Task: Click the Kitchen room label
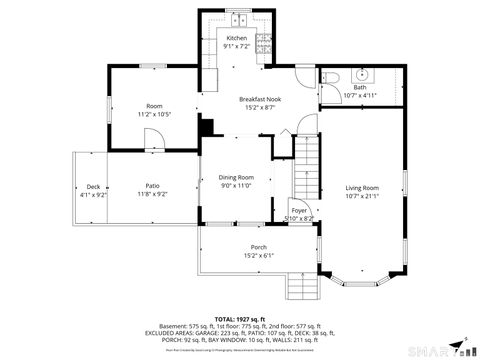pos(236,38)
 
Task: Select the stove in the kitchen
pos(264,42)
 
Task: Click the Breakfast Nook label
pos(258,99)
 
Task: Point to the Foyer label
pos(299,211)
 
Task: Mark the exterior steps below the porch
pos(301,287)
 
